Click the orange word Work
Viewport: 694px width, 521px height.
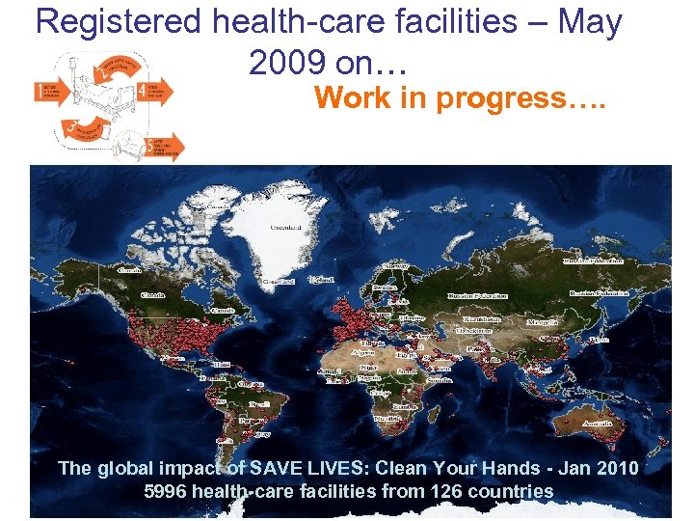click(x=351, y=98)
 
